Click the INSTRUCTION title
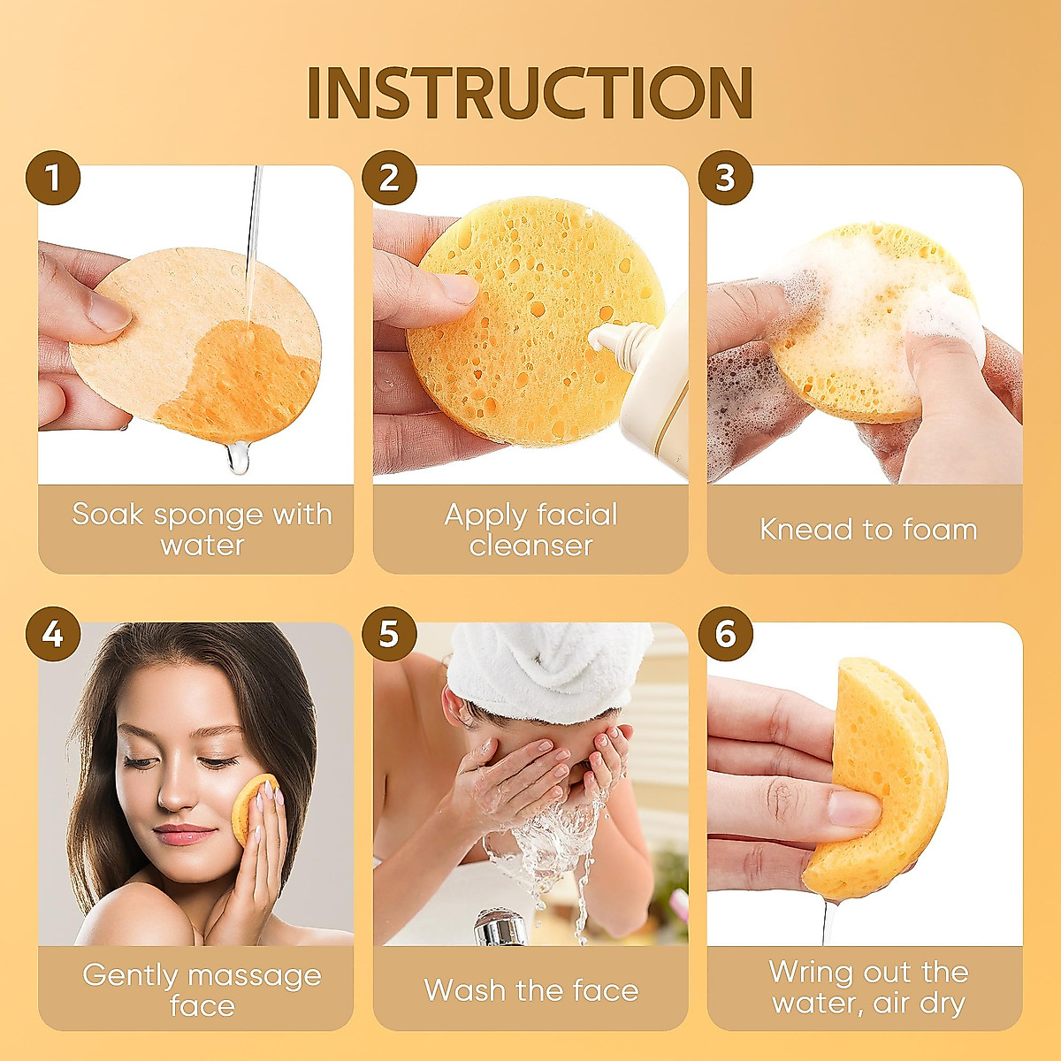[x=530, y=92]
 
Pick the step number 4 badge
[x=53, y=634]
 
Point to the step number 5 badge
[x=389, y=634]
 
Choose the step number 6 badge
[x=725, y=634]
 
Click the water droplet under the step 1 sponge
[x=238, y=458]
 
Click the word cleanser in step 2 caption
[x=530, y=546]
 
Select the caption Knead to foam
[x=867, y=530]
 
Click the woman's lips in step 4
[x=184, y=834]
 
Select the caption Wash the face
[x=530, y=990]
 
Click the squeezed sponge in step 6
[x=884, y=778]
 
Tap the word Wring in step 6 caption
[x=808, y=973]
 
